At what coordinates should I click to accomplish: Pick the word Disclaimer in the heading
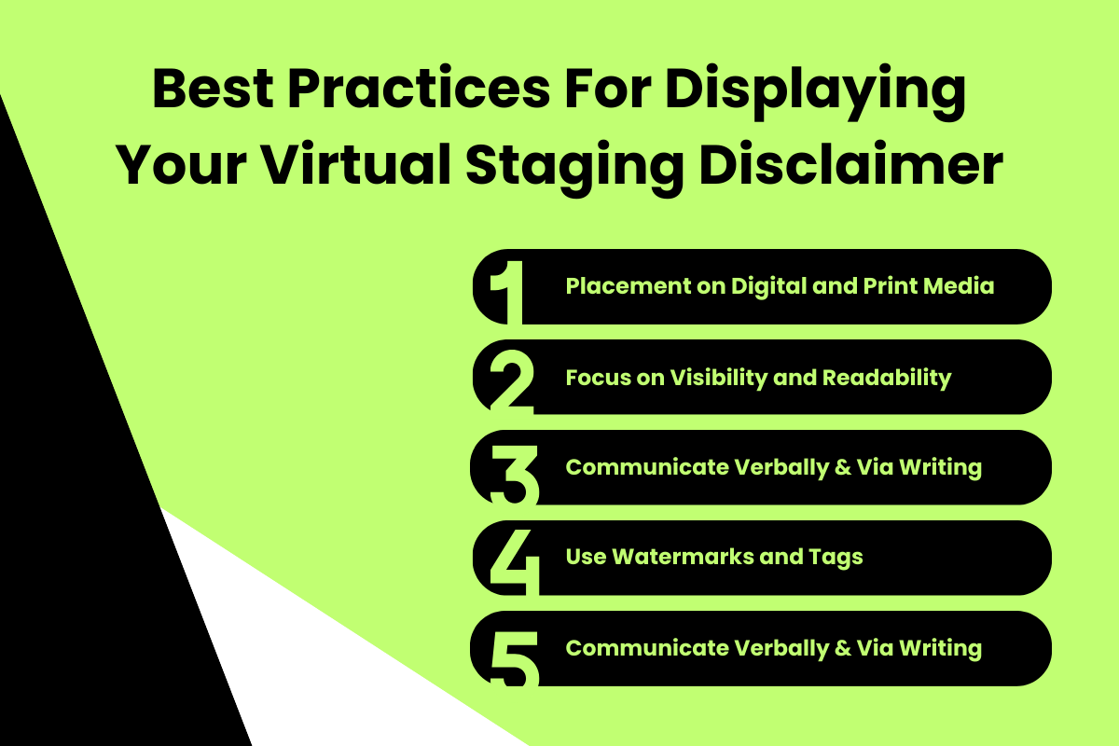[852, 167]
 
